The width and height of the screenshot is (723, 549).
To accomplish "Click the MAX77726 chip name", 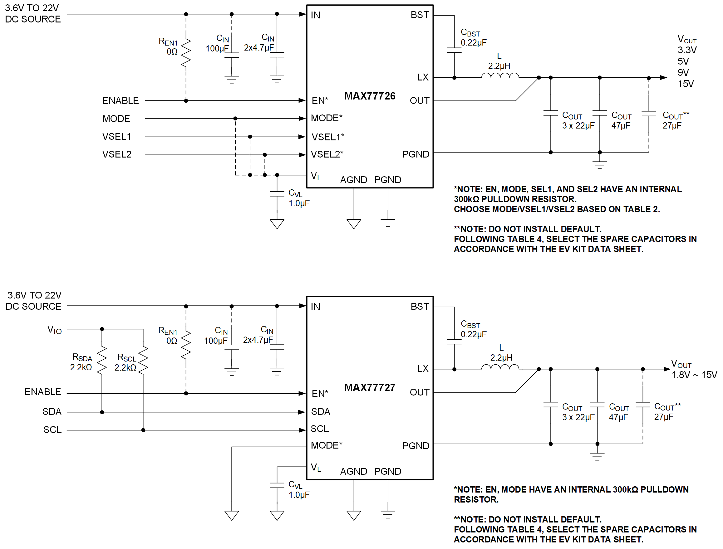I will click(370, 96).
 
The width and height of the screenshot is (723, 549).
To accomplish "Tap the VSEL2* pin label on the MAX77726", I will click(327, 154).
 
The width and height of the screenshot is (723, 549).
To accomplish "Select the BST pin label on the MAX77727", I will click(420, 307).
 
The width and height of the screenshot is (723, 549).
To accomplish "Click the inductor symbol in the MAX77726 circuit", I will click(500, 75).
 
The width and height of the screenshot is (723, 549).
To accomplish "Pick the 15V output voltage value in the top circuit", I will click(686, 84).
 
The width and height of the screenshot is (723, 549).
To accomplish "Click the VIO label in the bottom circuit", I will click(54, 329).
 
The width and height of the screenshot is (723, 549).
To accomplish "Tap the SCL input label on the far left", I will click(52, 430).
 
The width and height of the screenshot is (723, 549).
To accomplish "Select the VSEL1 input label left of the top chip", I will click(116, 137).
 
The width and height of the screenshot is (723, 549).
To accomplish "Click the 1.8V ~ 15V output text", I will click(694, 375).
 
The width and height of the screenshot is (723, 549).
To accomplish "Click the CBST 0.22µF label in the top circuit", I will click(473, 37).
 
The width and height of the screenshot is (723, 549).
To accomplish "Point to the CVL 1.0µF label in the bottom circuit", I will click(298, 490).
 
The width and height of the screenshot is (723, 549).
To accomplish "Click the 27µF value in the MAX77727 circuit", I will click(663, 417).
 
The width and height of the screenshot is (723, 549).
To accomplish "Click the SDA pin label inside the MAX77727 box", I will click(321, 411).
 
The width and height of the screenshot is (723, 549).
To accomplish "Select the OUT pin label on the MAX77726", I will click(419, 100).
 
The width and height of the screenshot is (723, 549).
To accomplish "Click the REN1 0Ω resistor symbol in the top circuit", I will click(186, 52).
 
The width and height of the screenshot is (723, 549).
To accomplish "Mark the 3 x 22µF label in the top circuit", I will click(578, 125).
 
